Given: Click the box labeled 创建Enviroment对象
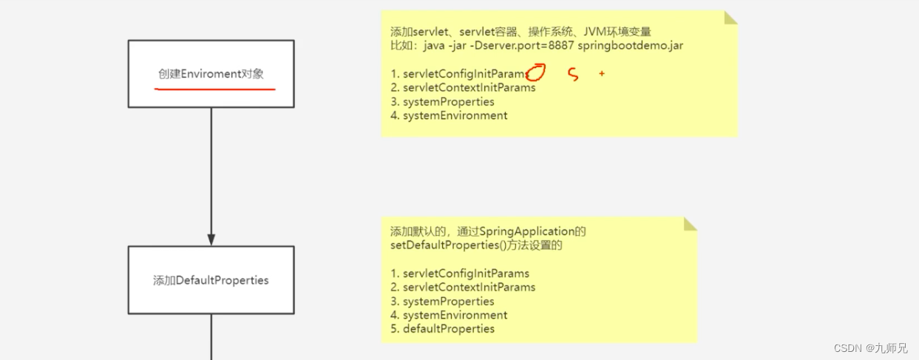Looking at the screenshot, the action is click(211, 74).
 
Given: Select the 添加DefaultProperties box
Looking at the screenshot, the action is click(211, 280).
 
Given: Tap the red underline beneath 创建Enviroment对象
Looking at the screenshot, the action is click(214, 89).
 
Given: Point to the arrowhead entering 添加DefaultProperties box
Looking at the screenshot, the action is click(211, 240).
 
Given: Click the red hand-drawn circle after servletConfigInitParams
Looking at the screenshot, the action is click(537, 72).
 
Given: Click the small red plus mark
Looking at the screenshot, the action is click(602, 74).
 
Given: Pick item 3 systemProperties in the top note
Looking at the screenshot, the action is click(442, 101).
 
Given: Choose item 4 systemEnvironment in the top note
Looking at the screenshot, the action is click(449, 115).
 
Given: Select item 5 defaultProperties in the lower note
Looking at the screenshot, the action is click(442, 328).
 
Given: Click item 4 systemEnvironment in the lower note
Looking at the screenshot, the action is click(449, 315).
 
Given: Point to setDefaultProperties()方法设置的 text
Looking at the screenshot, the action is click(476, 245).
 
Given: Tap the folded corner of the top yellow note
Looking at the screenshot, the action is click(730, 18).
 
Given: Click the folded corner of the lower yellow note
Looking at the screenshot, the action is click(690, 223).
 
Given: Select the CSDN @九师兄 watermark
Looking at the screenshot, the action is click(870, 348).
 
